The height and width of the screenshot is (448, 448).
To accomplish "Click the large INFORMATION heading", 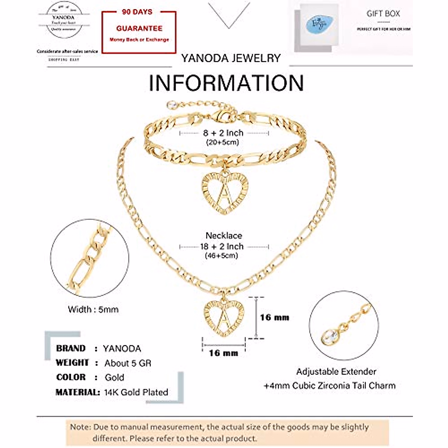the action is (x=226, y=83).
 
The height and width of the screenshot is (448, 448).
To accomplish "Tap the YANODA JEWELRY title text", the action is (x=231, y=58).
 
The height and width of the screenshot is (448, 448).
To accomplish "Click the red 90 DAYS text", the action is (x=137, y=12).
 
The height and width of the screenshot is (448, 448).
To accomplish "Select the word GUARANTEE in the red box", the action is (x=139, y=28).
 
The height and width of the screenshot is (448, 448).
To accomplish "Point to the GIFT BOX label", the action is (x=383, y=14).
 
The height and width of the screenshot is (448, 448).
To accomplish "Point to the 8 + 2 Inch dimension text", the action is (x=223, y=133).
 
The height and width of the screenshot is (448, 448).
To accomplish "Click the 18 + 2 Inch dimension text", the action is (x=222, y=247).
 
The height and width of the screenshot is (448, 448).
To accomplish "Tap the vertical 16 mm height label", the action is (x=274, y=318).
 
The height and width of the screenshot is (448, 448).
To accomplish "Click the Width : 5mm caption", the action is (x=93, y=309).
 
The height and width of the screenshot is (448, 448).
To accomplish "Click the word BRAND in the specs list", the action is (x=71, y=348).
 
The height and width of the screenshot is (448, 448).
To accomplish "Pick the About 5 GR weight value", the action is (x=128, y=363).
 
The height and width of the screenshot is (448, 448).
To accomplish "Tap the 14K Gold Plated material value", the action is (x=136, y=392).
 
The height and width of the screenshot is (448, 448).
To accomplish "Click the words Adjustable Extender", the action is (x=336, y=372).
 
